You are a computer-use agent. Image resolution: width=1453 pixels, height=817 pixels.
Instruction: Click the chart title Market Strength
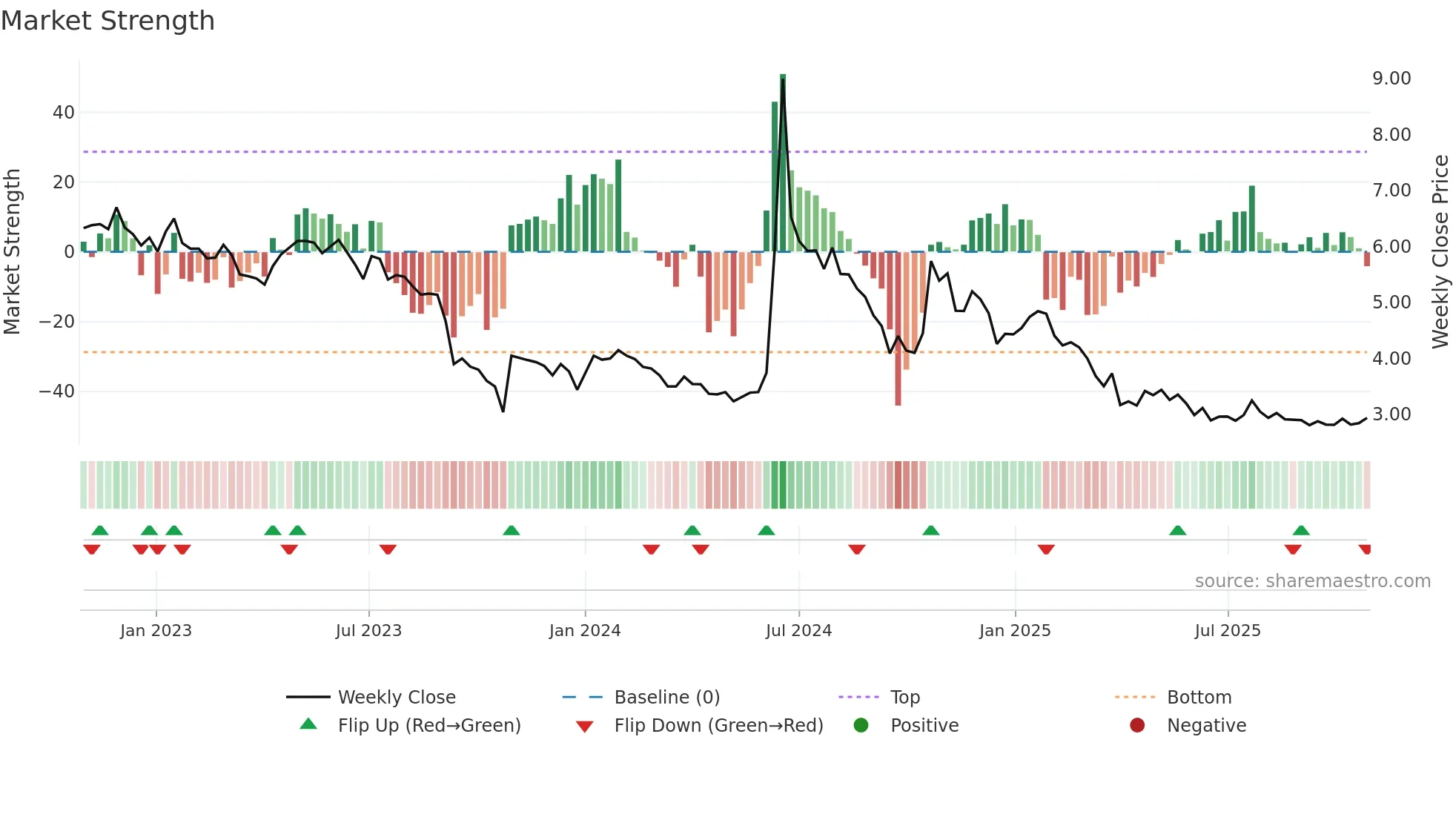tap(107, 21)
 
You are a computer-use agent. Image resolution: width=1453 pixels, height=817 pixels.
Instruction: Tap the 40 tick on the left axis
tap(63, 113)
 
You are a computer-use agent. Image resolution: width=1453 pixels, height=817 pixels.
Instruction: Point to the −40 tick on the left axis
tap(57, 391)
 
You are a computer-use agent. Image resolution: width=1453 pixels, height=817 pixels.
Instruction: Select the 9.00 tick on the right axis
tap(1391, 79)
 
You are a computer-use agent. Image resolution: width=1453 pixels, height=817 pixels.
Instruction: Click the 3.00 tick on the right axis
tap(1391, 414)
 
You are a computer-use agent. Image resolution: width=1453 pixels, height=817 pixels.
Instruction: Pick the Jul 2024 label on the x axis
tap(798, 631)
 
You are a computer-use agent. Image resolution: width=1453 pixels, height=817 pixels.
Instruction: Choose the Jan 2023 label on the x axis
tap(156, 631)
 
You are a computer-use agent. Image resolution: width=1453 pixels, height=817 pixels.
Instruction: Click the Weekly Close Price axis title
tap(1440, 252)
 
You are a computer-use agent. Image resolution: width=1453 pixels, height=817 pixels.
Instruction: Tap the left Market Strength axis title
tap(12, 252)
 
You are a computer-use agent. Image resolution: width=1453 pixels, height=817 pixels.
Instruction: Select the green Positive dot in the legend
tap(861, 726)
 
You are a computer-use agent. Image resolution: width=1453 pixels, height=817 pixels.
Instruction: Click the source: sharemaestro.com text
tap(1312, 581)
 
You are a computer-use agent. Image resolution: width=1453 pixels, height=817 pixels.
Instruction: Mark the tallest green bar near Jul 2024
tap(783, 163)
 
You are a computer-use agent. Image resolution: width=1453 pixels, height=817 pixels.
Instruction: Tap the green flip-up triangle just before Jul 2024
tap(767, 531)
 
